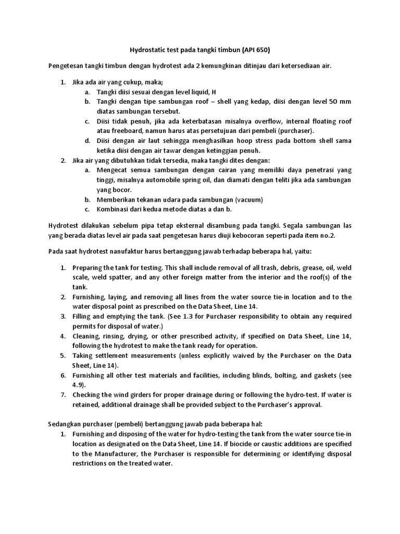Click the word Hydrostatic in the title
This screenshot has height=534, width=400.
pyautogui.click(x=147, y=50)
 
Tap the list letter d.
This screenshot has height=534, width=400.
pyautogui.click(x=87, y=141)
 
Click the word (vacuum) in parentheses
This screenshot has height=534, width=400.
pyautogui.click(x=249, y=199)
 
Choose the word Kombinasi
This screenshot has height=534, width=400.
pyautogui.click(x=114, y=209)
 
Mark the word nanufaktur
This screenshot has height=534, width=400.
pyautogui.click(x=119, y=251)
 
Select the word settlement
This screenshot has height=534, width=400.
pyautogui.click(x=114, y=356)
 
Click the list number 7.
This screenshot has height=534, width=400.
pyautogui.click(x=63, y=395)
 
